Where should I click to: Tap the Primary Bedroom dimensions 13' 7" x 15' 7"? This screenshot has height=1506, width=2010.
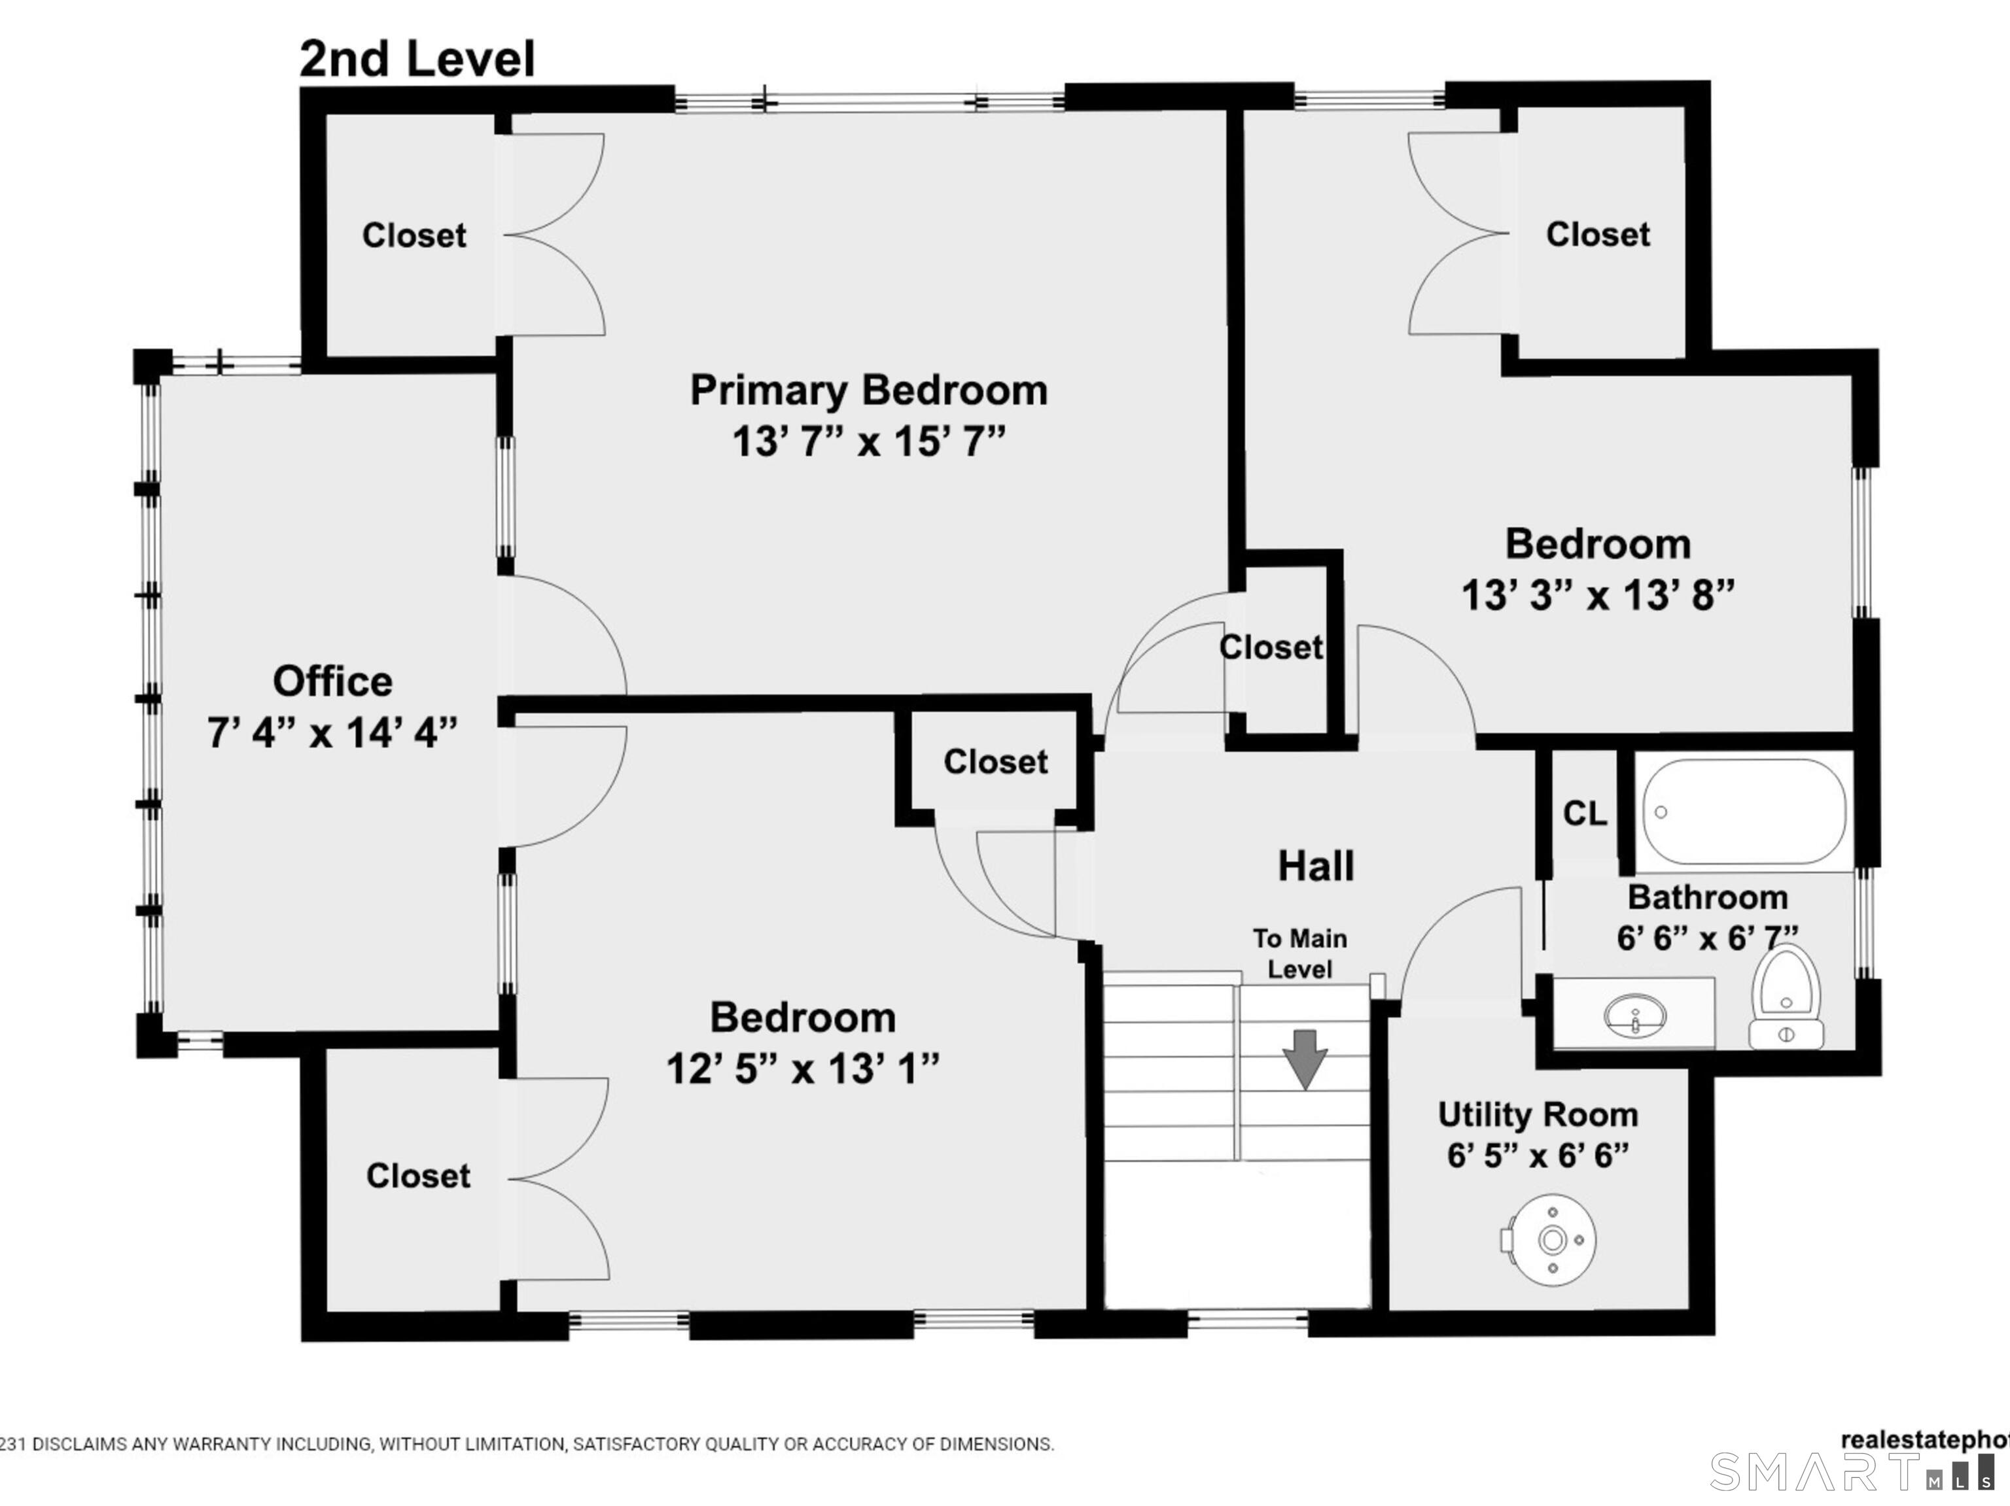(869, 442)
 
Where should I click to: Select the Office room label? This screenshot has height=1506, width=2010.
(332, 681)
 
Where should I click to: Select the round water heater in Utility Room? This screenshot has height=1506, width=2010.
(1551, 1240)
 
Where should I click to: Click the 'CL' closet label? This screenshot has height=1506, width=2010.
(1585, 813)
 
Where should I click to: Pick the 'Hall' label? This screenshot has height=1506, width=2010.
(1316, 866)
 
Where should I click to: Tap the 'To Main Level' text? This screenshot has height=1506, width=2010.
(1299, 953)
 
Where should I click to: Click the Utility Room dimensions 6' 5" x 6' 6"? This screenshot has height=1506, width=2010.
(1538, 1156)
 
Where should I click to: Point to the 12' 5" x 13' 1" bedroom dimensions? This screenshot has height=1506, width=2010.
(802, 1069)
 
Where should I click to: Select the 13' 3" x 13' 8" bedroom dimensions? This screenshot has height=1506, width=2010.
(1597, 596)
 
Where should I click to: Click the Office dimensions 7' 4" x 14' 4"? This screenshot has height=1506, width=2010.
(332, 732)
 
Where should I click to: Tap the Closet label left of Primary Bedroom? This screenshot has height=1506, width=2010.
(414, 235)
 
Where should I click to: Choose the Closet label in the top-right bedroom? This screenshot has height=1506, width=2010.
(1597, 234)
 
